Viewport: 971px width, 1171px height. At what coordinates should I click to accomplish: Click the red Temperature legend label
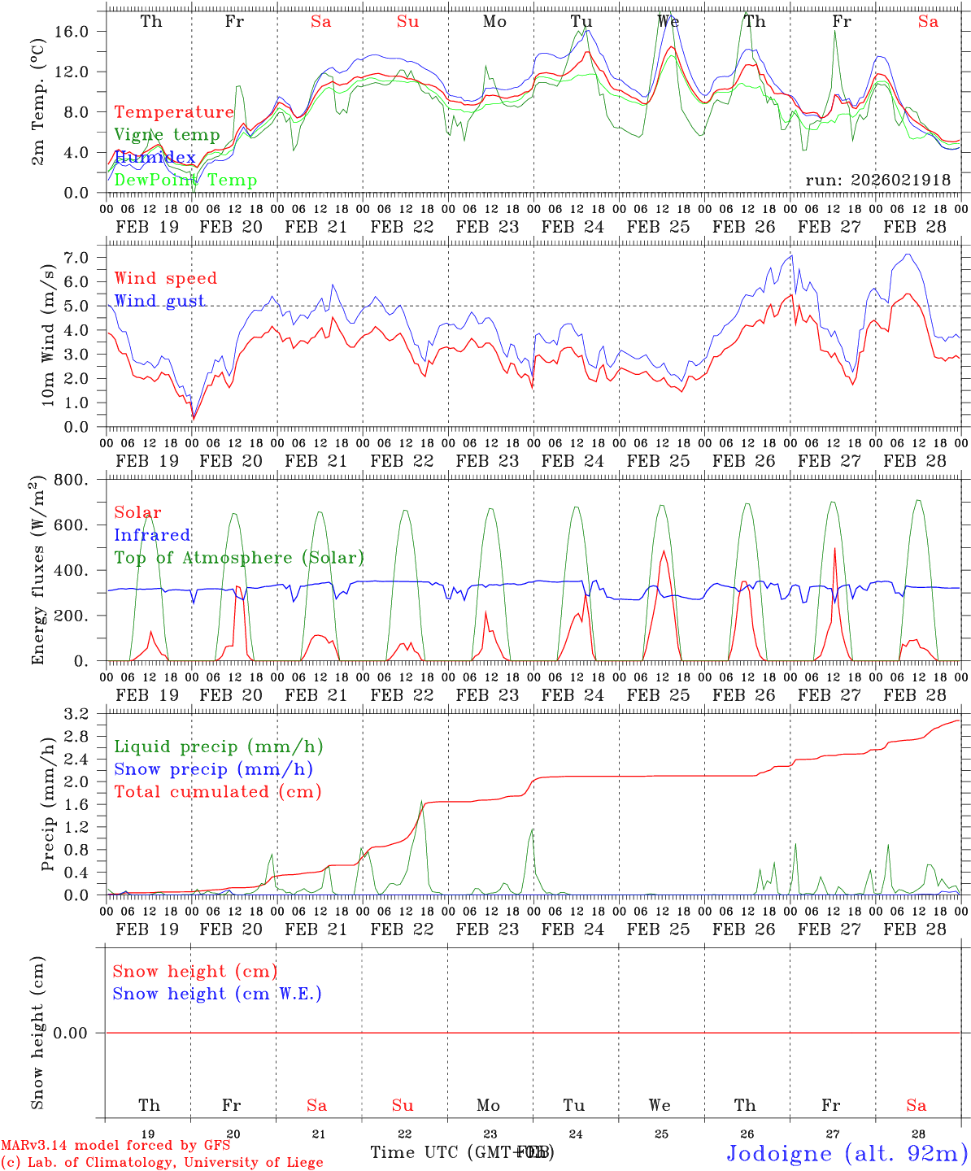tap(174, 112)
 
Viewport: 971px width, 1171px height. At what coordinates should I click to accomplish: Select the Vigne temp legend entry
tap(167, 135)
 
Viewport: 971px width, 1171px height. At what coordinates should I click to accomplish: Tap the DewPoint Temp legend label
tap(185, 181)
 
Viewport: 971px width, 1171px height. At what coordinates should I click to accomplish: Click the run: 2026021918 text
tap(877, 180)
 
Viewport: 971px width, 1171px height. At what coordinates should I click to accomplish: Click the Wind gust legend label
tap(159, 301)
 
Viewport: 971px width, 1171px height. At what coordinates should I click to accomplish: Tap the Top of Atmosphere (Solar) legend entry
tap(239, 558)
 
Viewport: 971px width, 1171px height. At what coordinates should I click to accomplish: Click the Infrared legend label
tap(152, 535)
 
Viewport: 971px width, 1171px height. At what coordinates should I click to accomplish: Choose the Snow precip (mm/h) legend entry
tap(213, 769)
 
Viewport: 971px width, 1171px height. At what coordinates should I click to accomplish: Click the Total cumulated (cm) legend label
tap(217, 792)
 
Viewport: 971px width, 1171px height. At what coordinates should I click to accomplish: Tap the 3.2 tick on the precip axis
tap(77, 714)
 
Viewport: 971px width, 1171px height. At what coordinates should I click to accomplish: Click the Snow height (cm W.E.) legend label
tap(217, 994)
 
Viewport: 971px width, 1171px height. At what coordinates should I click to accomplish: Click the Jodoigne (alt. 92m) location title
tap(847, 1153)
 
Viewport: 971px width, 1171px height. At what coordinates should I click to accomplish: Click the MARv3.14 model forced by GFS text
tap(115, 1145)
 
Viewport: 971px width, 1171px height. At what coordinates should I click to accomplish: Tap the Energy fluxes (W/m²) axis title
tap(37, 572)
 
